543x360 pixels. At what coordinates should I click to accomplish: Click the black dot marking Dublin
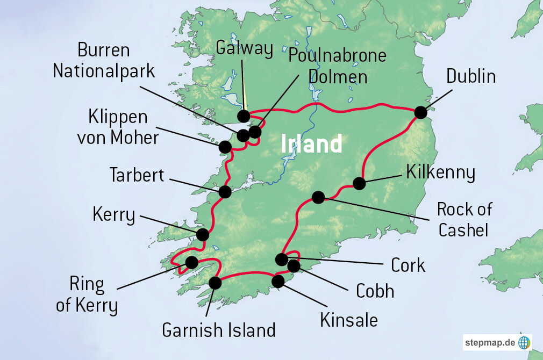(420, 112)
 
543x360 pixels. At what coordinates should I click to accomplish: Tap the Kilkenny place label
(441, 173)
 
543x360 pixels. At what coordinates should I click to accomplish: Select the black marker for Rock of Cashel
(318, 197)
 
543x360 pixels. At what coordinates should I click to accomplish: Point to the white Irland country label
(312, 144)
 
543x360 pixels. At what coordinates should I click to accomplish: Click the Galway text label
(244, 48)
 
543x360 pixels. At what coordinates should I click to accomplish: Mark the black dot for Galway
(244, 116)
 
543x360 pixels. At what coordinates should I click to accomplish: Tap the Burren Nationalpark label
(104, 61)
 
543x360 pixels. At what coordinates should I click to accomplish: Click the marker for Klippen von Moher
(225, 146)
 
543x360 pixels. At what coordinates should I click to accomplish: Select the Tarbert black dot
(225, 191)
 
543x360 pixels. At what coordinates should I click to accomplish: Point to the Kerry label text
(114, 214)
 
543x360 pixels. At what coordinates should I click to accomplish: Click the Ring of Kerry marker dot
(191, 262)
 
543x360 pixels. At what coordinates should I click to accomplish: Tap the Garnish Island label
(219, 329)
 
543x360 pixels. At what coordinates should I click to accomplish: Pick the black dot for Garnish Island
(215, 283)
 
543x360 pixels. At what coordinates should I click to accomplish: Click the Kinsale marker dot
(278, 281)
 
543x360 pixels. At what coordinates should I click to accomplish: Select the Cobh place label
(375, 291)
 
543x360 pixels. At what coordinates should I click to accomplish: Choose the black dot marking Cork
(282, 260)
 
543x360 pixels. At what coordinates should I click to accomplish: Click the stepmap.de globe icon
(524, 342)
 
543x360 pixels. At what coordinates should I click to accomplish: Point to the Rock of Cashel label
(464, 219)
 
